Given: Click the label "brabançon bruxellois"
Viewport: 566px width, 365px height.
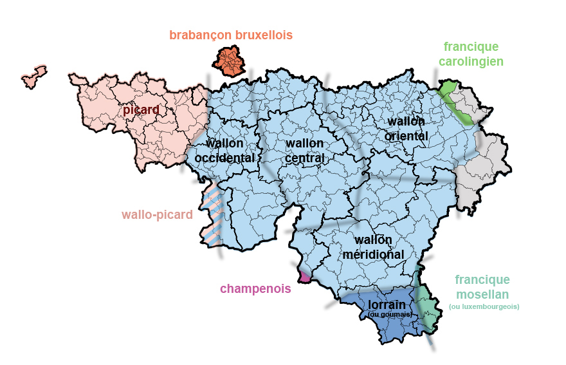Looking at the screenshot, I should tap(231, 35).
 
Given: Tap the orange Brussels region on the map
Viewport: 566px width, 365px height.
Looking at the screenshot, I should tap(229, 61).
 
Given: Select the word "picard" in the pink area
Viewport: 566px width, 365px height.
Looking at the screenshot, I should tap(141, 110).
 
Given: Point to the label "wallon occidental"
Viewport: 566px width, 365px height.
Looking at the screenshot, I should tap(224, 150).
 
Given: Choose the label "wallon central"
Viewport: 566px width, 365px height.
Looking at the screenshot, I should tap(304, 150).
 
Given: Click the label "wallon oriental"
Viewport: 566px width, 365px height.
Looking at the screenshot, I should tap(406, 129).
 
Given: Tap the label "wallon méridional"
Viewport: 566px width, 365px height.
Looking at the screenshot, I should tap(374, 247).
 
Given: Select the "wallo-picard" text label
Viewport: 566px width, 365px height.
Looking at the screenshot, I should tap(157, 214).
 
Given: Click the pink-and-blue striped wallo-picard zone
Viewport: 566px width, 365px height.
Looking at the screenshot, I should tap(212, 216).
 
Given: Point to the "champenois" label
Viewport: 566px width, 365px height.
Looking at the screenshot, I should tap(255, 288).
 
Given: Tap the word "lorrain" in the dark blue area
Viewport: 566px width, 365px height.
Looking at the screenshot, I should tap(387, 304).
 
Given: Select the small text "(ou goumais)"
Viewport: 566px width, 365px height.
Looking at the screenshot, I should tap(389, 314).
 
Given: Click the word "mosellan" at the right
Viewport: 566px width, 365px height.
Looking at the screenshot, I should tap(482, 294).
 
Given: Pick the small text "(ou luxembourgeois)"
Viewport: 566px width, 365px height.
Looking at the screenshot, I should tap(484, 307).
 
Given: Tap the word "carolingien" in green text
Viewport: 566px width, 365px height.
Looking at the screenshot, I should tap(471, 62).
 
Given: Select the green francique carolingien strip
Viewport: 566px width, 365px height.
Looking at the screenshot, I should tap(457, 103).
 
